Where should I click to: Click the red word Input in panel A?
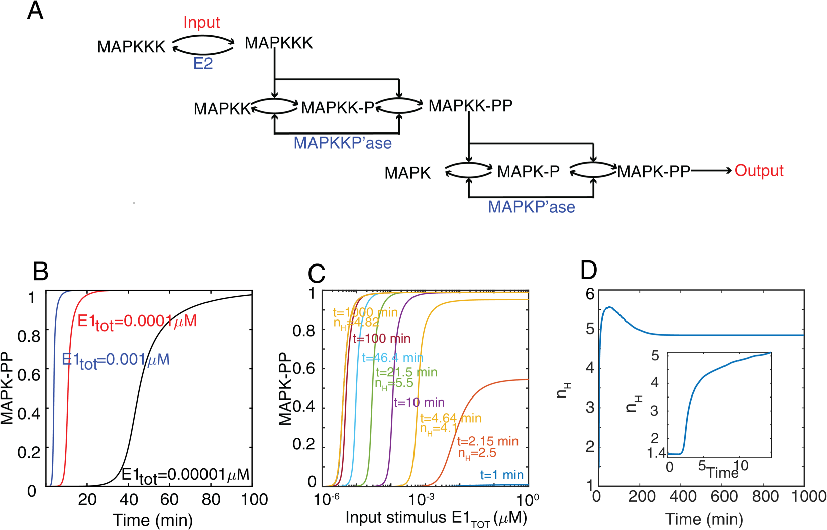click(201, 22)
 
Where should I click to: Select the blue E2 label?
click(203, 64)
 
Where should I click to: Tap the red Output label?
click(759, 171)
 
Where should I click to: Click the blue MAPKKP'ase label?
click(343, 143)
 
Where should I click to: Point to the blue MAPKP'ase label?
click(531, 207)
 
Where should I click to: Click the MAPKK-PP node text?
click(470, 106)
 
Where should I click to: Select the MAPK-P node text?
click(528, 172)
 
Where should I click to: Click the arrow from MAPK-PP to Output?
click(711, 171)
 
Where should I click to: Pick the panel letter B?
click(40, 272)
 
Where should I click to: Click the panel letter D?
click(589, 271)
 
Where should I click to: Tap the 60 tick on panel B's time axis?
click(169, 499)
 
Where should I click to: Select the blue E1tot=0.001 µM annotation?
click(116, 360)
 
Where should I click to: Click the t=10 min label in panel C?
click(419, 402)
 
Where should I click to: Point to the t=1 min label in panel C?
click(501, 475)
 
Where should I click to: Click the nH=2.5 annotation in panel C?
click(477, 453)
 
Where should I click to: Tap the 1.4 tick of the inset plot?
click(656, 453)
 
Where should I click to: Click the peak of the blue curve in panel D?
click(609, 307)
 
